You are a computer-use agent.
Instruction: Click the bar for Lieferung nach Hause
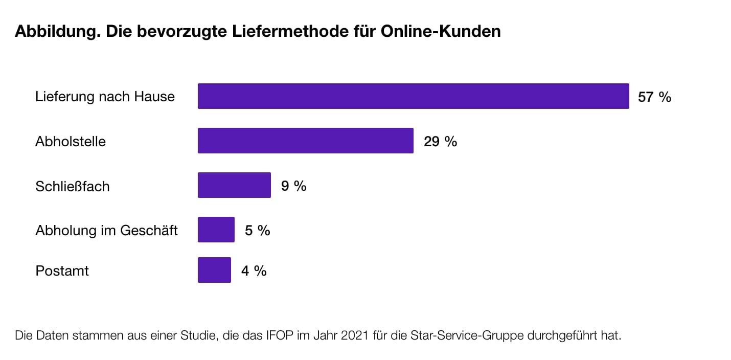413,96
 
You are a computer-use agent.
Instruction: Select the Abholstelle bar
305,141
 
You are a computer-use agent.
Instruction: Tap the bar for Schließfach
234,185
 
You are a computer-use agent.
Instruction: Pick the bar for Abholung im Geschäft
216,230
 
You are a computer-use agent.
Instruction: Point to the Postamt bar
214,270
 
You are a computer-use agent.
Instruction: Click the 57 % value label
654,97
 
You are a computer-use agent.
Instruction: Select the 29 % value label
440,141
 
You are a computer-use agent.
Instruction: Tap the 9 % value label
293,186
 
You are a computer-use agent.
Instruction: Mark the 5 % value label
257,230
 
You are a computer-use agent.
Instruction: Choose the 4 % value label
254,271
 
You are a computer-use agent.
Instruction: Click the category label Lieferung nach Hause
105,97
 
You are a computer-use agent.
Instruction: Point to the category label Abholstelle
71,141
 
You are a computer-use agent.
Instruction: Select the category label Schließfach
72,186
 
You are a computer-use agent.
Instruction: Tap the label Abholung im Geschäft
106,230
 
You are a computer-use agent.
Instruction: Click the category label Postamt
62,271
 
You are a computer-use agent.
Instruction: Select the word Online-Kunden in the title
440,32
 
